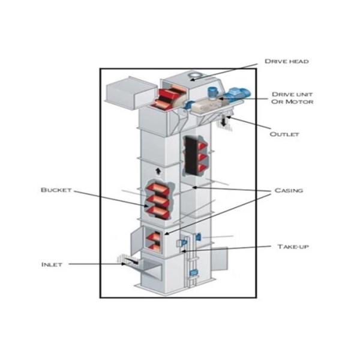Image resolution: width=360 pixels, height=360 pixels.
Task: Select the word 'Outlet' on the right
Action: pyautogui.click(x=284, y=134)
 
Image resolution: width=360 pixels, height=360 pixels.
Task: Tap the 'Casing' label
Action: pyautogui.click(x=289, y=190)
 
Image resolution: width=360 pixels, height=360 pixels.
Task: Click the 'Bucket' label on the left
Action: pyautogui.click(x=56, y=190)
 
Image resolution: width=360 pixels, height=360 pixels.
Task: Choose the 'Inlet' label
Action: pyautogui.click(x=52, y=264)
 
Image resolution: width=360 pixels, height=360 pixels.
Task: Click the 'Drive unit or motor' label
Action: pyautogui.click(x=292, y=98)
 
